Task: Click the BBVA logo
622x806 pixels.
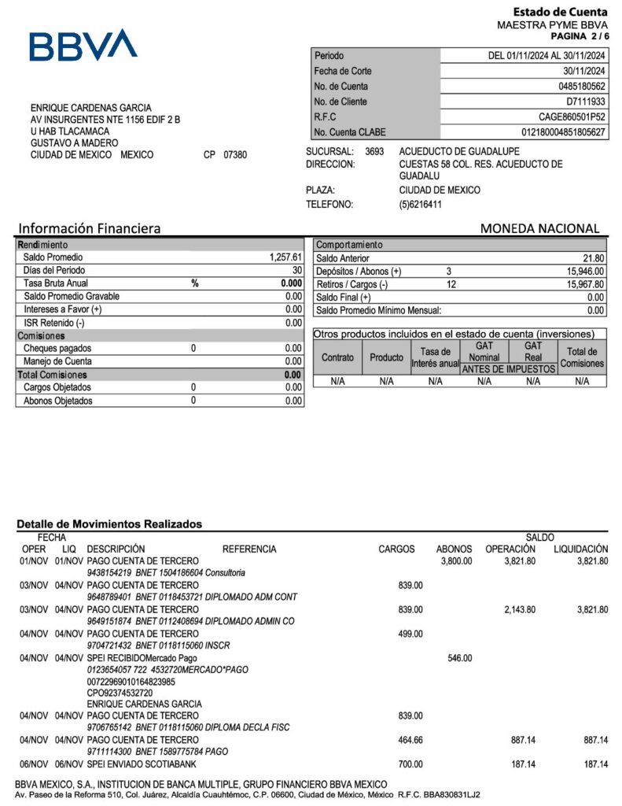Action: coord(83,45)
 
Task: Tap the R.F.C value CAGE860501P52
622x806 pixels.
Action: coord(572,117)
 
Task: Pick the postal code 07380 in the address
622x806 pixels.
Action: coord(235,155)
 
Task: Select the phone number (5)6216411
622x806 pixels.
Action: coord(421,205)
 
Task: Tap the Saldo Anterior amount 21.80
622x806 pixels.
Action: coord(593,258)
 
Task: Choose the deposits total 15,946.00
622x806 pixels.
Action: coord(584,272)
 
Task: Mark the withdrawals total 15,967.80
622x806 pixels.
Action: coord(584,284)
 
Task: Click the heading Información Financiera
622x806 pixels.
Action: coord(90,228)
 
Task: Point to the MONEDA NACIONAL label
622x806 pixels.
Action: coord(539,228)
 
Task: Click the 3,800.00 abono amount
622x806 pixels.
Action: coord(454,561)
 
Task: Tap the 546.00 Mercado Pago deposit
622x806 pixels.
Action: coord(459,658)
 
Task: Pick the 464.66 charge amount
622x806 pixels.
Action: coord(407,740)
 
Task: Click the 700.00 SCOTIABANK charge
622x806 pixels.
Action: coord(409,764)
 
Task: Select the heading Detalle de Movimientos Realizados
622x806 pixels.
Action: coord(109,523)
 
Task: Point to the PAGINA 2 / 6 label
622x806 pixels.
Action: coord(579,36)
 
